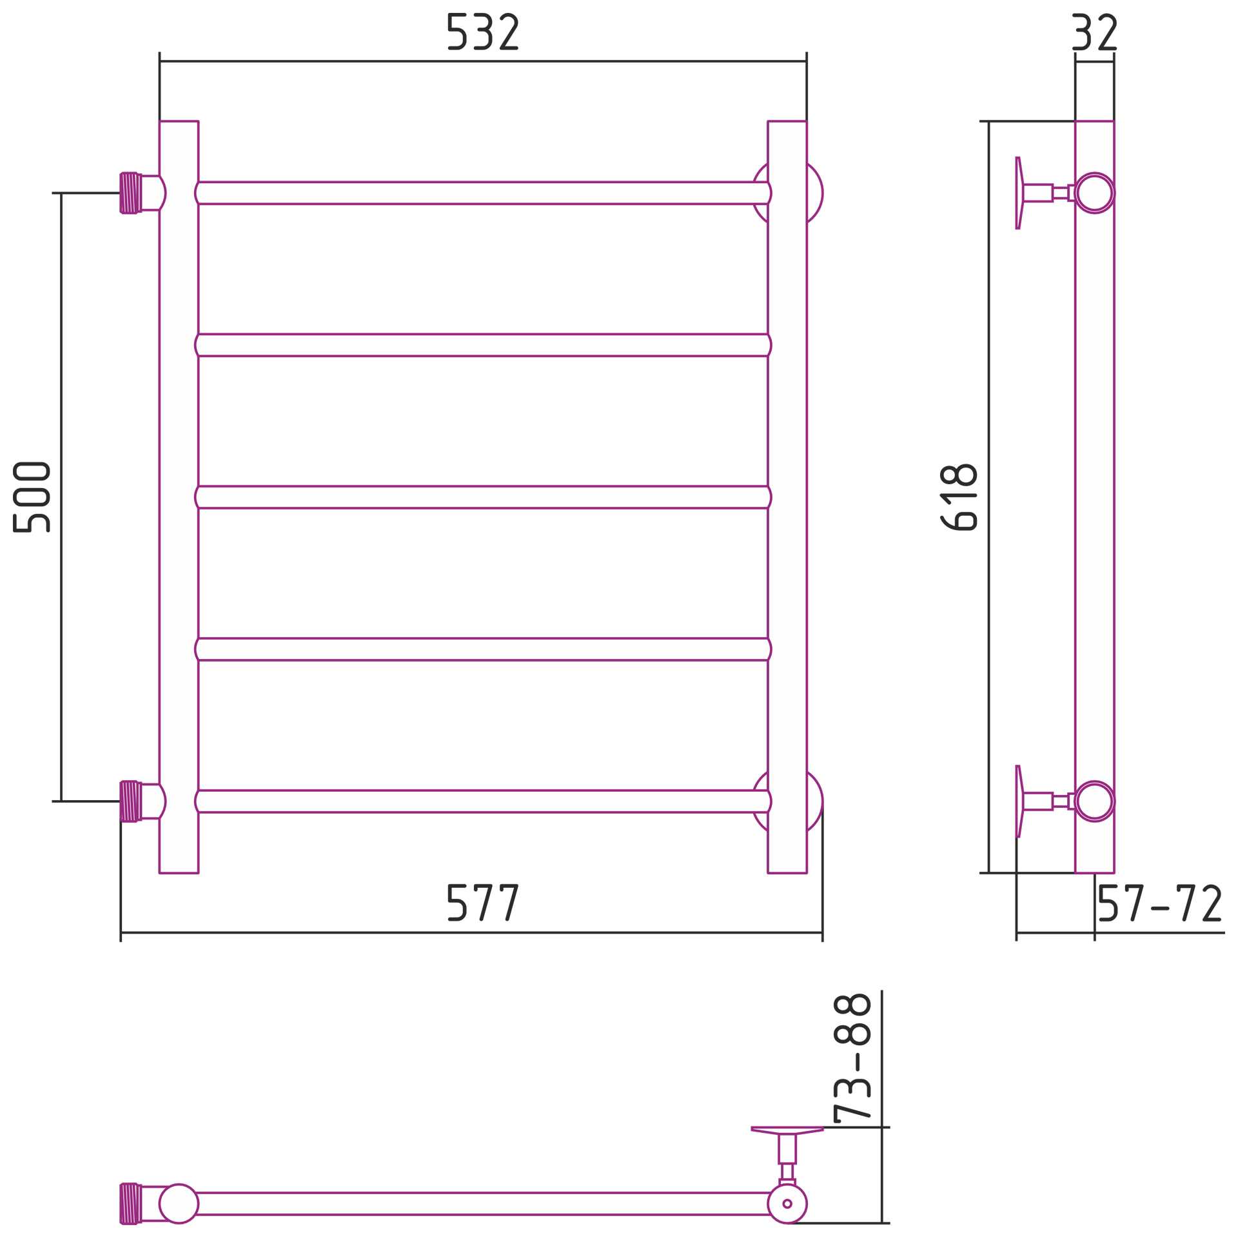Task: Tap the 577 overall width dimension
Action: coord(483,902)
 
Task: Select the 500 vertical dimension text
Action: coord(32,496)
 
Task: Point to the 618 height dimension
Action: coord(959,496)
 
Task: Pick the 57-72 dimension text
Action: coord(1160,903)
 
